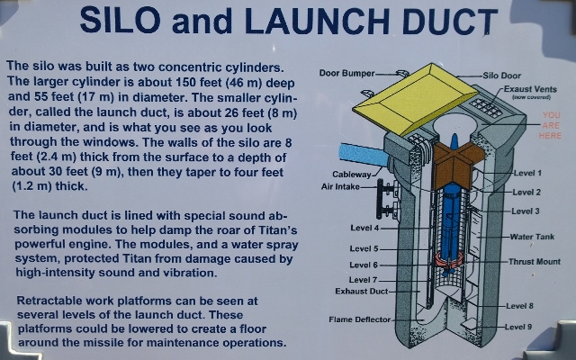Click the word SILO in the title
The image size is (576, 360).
[x=120, y=20]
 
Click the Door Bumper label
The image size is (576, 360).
[x=346, y=73]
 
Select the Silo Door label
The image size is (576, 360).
[x=502, y=76]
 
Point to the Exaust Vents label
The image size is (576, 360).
[x=530, y=89]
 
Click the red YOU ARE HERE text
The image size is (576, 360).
[x=550, y=125]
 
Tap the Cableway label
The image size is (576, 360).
[x=352, y=174]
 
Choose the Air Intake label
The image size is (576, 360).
[x=340, y=186]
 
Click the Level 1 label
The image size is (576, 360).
[x=527, y=173]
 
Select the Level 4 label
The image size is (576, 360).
[x=364, y=228]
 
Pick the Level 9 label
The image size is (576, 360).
[x=518, y=327]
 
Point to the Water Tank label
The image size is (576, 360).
[x=532, y=237]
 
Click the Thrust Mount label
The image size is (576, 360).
[x=535, y=262]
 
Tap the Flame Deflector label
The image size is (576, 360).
[x=360, y=319]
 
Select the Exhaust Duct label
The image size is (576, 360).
[x=362, y=292]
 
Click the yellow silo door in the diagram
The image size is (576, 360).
[x=415, y=98]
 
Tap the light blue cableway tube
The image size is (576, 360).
[x=364, y=154]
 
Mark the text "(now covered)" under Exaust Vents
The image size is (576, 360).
[x=531, y=97]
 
